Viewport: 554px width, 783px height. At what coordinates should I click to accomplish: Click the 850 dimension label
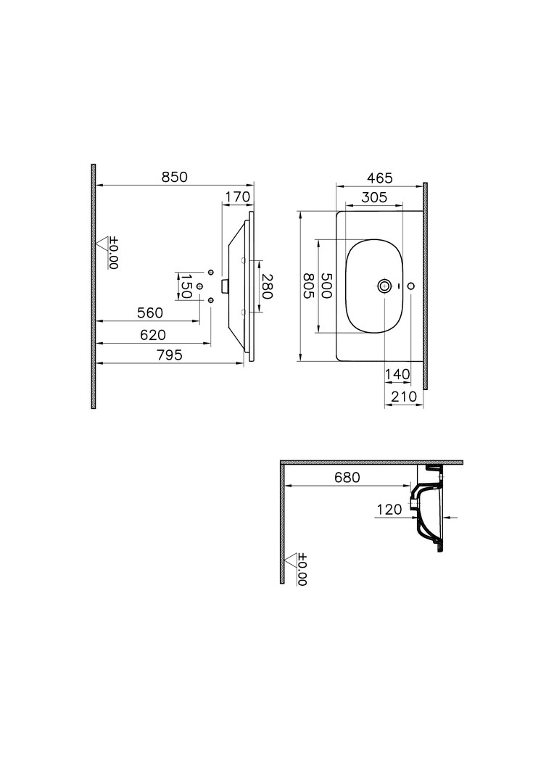coord(174,178)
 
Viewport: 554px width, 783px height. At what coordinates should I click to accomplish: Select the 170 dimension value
coord(237,197)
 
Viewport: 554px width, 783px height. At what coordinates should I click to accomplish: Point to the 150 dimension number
coord(186,286)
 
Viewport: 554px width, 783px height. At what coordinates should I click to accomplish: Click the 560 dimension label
coord(150,313)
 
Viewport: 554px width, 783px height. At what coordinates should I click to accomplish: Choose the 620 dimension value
coord(152,335)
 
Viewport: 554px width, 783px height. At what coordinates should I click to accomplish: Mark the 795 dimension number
coord(170,355)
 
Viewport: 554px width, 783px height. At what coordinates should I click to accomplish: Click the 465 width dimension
coord(380,178)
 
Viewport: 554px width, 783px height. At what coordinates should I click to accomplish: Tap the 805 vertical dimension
coord(308,286)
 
